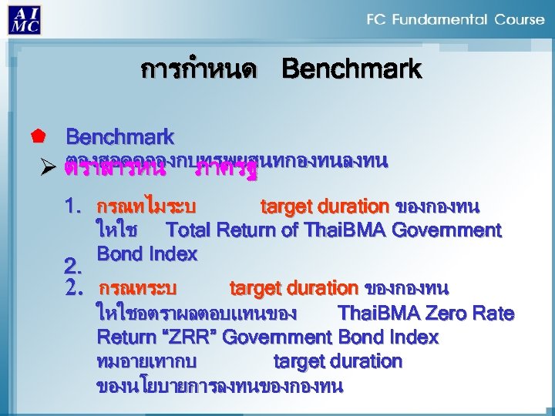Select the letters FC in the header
pyautogui.click(x=378, y=19)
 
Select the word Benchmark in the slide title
pyautogui.click(x=351, y=70)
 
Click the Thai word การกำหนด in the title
pyautogui.click(x=198, y=70)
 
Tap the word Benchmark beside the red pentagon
pyautogui.click(x=119, y=138)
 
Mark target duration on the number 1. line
pyautogui.click(x=325, y=206)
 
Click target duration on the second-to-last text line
pyautogui.click(x=338, y=361)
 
